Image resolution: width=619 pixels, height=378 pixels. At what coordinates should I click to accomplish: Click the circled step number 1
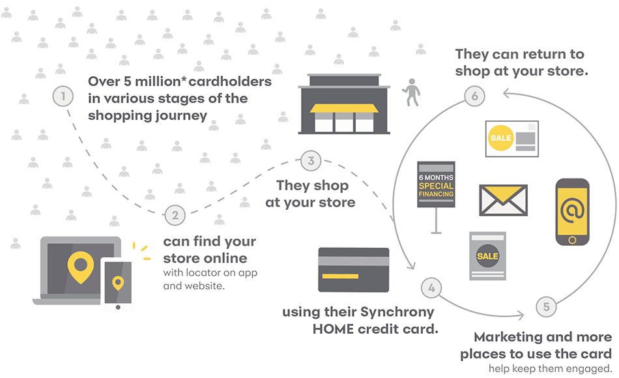coord(63,97)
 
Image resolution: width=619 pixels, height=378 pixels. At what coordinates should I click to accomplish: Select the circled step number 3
coord(311,160)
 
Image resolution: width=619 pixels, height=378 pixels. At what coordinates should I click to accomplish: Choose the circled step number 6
coord(475,96)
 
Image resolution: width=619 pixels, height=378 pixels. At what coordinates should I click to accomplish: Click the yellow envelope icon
coord(503,199)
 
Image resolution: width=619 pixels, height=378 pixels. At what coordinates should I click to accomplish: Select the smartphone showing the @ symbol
coord(572,212)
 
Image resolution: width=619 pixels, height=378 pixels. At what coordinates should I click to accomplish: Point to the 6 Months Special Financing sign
coord(436,185)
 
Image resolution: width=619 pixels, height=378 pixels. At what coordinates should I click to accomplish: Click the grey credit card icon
coord(353,269)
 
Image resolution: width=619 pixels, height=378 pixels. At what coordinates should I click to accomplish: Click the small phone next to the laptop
coord(117,283)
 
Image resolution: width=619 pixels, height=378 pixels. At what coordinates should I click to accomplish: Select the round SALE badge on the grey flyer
coord(487,256)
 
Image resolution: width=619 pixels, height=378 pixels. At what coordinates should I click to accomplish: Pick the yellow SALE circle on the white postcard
coord(501,138)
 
